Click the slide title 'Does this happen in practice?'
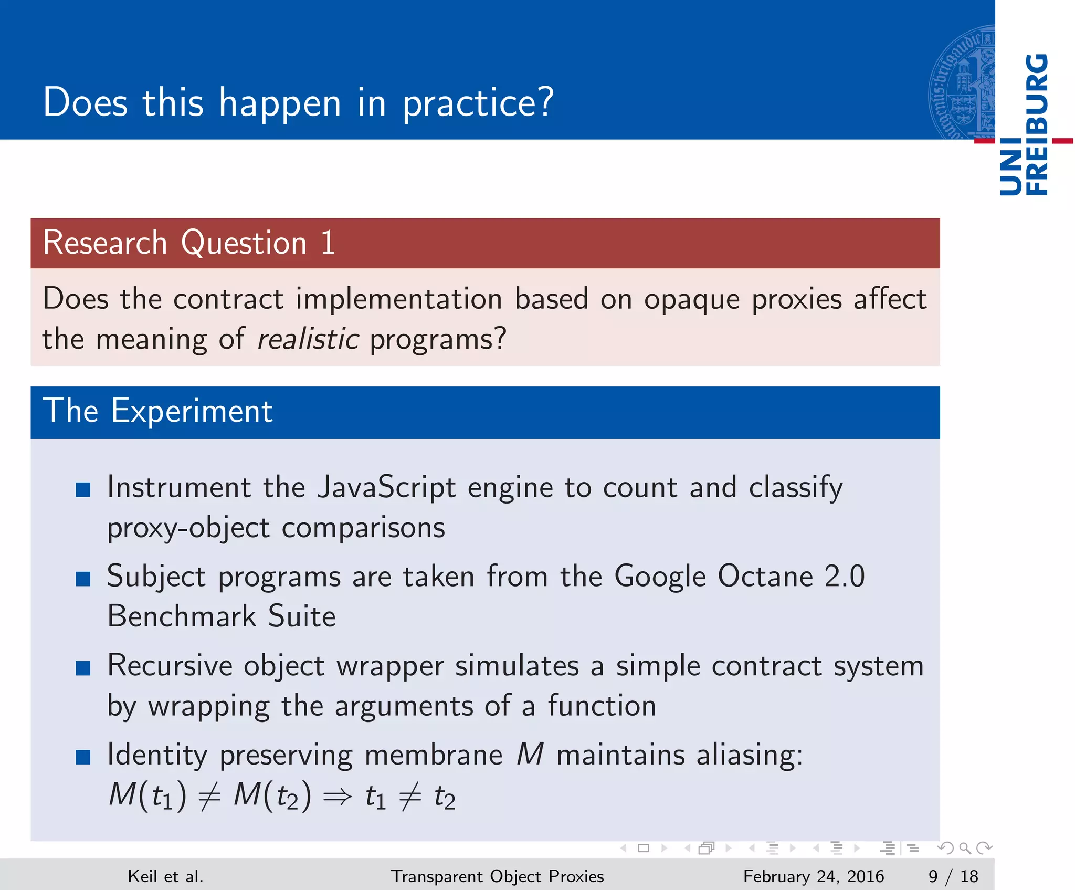coord(298,103)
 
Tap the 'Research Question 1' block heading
coord(189,243)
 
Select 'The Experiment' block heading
coord(157,411)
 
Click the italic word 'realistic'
coord(308,339)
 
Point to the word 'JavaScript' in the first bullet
coord(386,487)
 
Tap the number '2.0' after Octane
coord(845,576)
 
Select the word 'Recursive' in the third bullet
coord(170,665)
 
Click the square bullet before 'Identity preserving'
coord(83,757)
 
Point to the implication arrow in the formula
coord(338,797)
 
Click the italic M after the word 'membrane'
coord(530,755)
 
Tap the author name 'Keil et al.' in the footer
coord(165,876)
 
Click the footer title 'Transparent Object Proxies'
coord(497,876)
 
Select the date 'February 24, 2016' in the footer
coord(814,876)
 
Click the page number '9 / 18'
coord(953,876)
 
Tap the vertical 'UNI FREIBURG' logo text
coord(1024,125)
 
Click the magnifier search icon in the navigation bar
coord(964,848)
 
